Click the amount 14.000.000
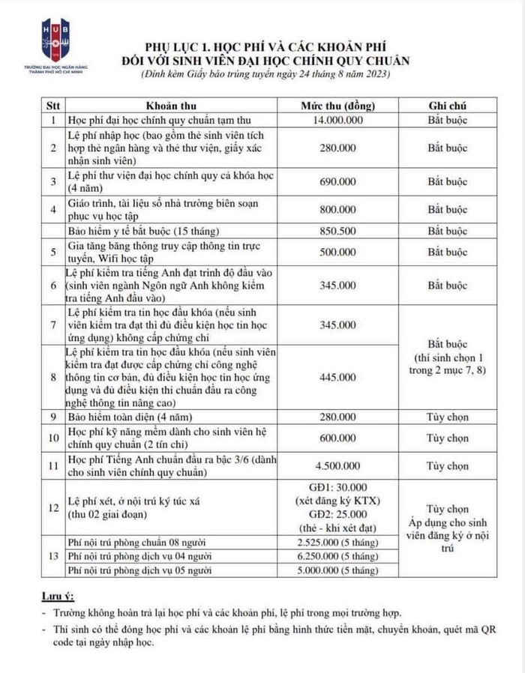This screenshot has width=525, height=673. tap(337, 120)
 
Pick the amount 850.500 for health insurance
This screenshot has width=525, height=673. tap(337, 231)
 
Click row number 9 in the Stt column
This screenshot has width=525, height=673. tap(53, 417)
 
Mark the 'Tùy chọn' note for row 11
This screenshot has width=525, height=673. tap(448, 465)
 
